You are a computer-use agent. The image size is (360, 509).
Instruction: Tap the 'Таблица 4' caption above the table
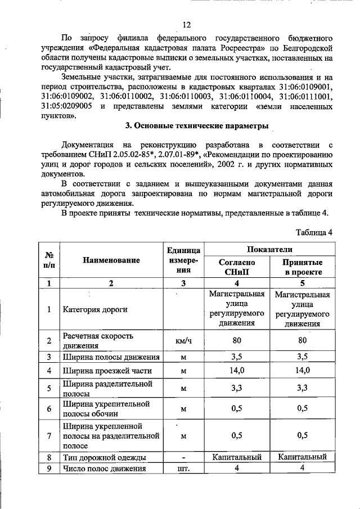click(314, 232)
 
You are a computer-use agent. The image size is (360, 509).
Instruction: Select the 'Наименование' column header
click(111, 260)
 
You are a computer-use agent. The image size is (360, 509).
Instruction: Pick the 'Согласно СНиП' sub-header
click(236, 267)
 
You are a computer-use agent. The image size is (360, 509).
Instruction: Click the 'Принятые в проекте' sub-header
click(303, 267)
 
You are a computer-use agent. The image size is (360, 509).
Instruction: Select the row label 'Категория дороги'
click(95, 309)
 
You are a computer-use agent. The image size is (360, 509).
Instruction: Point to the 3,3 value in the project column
click(303, 388)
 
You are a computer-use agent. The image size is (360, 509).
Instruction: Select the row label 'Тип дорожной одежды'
click(105, 458)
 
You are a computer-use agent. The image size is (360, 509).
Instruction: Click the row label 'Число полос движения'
click(105, 469)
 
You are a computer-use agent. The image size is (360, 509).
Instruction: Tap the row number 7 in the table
click(49, 435)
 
